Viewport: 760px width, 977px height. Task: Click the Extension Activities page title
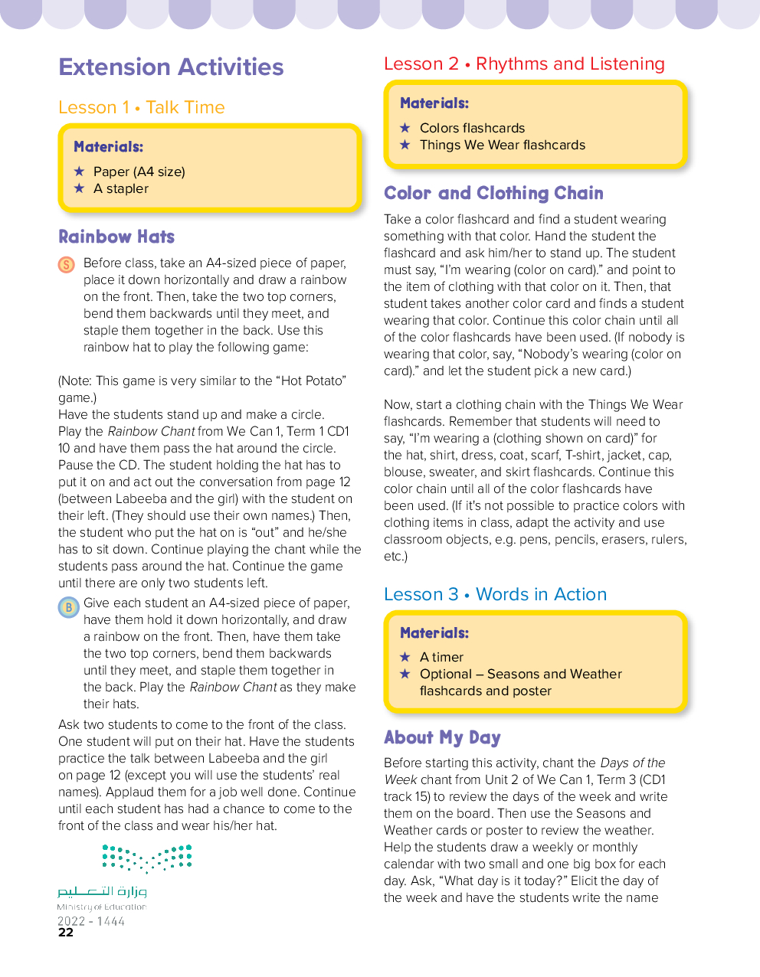coord(171,67)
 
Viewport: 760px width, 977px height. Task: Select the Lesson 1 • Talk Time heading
coord(142,108)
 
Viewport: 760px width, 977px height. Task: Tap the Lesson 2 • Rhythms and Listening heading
coord(524,64)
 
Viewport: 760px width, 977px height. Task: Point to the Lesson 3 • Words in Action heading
coord(495,595)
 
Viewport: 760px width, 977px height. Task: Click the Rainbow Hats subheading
coord(116,237)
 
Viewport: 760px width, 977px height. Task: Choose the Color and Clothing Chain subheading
coord(493,194)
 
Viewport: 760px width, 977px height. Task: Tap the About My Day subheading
coord(442,738)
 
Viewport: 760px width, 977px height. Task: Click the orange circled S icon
coord(67,265)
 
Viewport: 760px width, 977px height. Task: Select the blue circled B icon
coord(68,607)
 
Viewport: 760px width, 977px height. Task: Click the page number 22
coord(66,933)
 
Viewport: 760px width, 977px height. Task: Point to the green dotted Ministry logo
coord(147,858)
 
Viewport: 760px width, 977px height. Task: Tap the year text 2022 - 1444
coord(91,921)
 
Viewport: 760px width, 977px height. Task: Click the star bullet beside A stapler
coord(79,188)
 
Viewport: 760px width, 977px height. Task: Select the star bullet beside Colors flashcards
coord(405,128)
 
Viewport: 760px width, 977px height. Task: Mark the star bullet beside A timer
coord(405,657)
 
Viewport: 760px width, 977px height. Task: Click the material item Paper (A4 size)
coord(139,172)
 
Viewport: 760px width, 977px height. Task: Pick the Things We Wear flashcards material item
coord(502,145)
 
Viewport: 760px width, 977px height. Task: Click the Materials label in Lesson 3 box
coord(434,633)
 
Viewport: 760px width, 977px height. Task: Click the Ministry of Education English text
coord(101,907)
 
